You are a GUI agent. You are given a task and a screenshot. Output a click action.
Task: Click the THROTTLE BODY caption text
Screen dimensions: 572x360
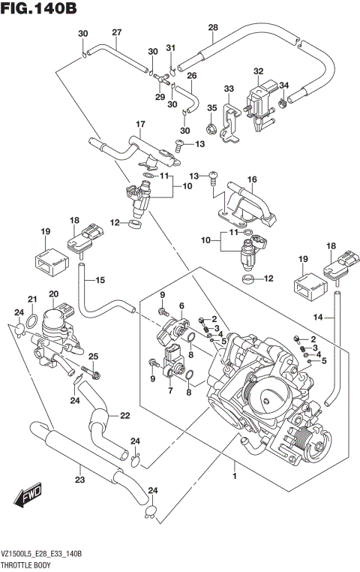pyautogui.click(x=29, y=563)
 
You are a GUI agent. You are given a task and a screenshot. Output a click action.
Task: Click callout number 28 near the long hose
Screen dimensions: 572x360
pyautogui.click(x=213, y=28)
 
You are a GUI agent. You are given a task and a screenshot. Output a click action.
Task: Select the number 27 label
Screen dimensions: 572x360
pyautogui.click(x=116, y=32)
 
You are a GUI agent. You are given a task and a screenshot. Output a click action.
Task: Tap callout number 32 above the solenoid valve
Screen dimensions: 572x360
pyautogui.click(x=259, y=72)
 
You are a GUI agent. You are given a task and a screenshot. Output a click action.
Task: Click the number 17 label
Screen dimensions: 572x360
pyautogui.click(x=139, y=123)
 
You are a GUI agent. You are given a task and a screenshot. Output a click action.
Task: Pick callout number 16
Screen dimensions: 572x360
pyautogui.click(x=252, y=179)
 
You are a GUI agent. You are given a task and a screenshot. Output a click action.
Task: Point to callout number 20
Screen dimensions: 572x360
pyautogui.click(x=53, y=294)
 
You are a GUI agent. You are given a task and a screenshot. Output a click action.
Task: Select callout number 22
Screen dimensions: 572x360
pyautogui.click(x=124, y=416)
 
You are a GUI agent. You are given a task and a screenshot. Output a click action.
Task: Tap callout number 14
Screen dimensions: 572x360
pyautogui.click(x=318, y=318)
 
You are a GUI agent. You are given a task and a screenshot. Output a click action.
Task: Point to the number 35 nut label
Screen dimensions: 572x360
pyautogui.click(x=212, y=107)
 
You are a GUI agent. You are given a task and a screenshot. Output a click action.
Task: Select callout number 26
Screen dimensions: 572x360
pyautogui.click(x=191, y=76)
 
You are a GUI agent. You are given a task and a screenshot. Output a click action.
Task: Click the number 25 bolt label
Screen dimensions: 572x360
pyautogui.click(x=94, y=356)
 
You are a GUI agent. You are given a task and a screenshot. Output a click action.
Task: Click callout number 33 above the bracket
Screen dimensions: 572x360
pyautogui.click(x=229, y=89)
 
